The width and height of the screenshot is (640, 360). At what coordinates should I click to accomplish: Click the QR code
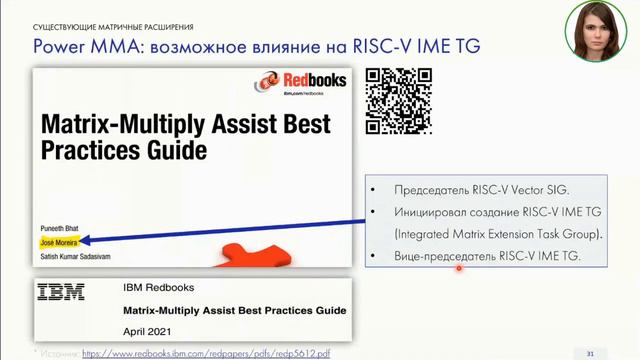(x=397, y=100)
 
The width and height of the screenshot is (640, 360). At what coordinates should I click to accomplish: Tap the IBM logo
(x=61, y=292)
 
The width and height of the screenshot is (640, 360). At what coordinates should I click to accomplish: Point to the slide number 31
(x=590, y=352)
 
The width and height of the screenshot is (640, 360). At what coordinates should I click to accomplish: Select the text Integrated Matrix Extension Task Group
(x=485, y=234)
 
